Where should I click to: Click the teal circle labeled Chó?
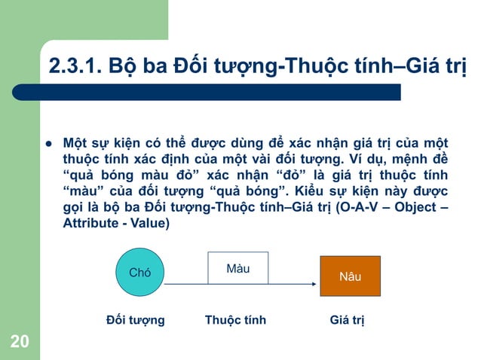[140, 273]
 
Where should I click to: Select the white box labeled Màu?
[238, 269]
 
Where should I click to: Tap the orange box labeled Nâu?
[350, 276]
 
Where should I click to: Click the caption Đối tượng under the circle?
[136, 320]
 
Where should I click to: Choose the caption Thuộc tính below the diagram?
[235, 320]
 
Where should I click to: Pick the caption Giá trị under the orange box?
[348, 320]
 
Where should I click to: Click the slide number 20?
[20, 343]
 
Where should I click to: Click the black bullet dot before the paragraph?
[46, 143]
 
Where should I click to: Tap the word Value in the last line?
[154, 224]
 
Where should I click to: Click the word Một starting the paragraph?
[76, 143]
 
